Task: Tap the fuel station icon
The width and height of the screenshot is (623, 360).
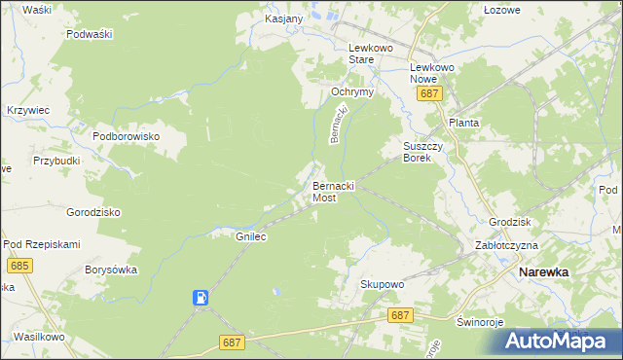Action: [201, 298]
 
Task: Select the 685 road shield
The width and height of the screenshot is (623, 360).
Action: [18, 265]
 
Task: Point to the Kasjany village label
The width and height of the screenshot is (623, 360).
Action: [284, 18]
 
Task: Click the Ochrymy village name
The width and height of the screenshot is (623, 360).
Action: [352, 91]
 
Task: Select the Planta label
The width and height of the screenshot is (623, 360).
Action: [463, 124]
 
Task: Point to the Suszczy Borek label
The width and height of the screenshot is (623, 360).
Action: [423, 152]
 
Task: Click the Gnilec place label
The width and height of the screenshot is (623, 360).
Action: [251, 236]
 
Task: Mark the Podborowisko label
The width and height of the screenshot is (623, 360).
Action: [126, 136]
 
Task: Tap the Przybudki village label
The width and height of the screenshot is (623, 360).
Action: [56, 161]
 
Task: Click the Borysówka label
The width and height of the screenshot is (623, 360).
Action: [111, 270]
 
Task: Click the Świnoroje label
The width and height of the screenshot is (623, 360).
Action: [477, 320]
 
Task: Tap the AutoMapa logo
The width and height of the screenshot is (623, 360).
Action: [558, 341]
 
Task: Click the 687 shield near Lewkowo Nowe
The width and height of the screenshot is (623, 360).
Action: [430, 93]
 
